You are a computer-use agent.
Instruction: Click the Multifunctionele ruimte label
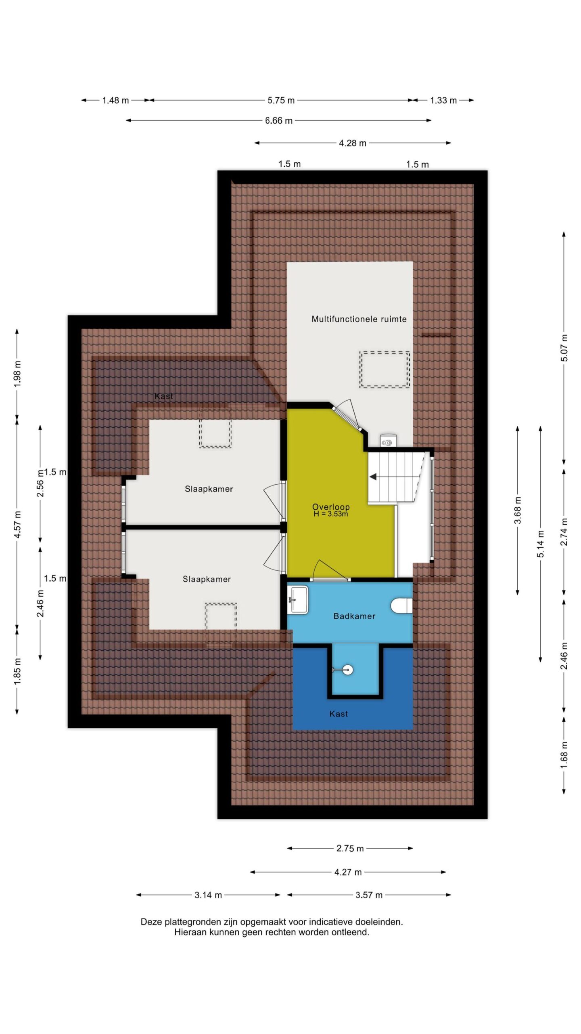tap(359, 319)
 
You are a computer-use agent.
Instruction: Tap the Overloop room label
tap(331, 506)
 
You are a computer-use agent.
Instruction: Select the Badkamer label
tap(354, 616)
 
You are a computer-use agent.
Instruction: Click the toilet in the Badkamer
tap(402, 605)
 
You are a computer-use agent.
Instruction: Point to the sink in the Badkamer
tap(298, 600)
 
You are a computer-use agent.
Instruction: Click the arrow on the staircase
tap(374, 477)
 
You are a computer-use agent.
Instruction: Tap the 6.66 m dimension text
tap(279, 120)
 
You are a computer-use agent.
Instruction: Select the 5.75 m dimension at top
tap(281, 100)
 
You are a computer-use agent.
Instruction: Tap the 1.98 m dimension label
tap(17, 374)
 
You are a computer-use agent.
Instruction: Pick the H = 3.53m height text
tap(331, 514)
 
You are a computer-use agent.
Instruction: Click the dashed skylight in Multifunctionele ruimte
tap(385, 370)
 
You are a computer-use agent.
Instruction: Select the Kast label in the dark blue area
tap(339, 714)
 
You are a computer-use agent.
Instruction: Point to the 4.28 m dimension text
tap(353, 143)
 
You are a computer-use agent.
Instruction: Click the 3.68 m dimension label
tap(518, 511)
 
